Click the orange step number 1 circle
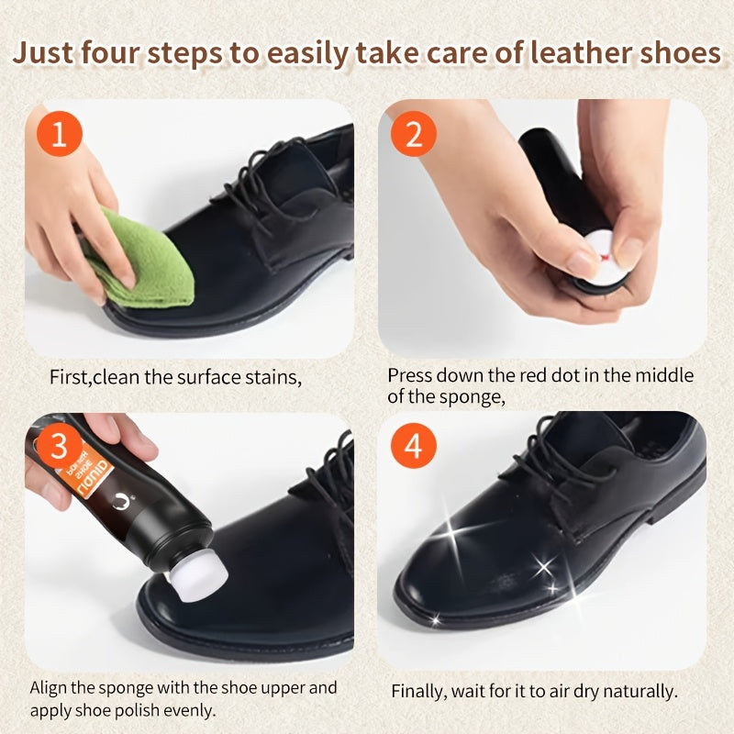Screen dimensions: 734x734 [60, 135]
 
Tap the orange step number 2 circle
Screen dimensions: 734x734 [414, 135]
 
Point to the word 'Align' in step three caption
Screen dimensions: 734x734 [49, 687]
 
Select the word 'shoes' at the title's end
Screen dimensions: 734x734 [677, 52]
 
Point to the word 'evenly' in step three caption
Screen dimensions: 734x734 [194, 709]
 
